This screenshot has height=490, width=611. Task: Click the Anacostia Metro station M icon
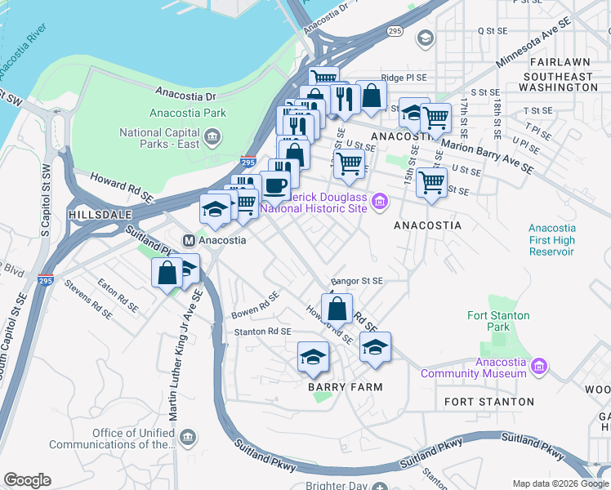point(189,241)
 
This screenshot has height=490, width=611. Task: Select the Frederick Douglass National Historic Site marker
point(379,201)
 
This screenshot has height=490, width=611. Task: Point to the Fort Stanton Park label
point(498,321)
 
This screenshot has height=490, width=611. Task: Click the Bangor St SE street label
point(356,280)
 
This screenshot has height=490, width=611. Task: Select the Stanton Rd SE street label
point(262,332)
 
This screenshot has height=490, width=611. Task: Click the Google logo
point(27,479)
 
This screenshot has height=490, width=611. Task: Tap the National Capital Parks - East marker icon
point(212,136)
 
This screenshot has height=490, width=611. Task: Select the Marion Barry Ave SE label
point(488,155)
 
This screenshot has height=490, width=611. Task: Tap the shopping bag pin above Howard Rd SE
point(337,309)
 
